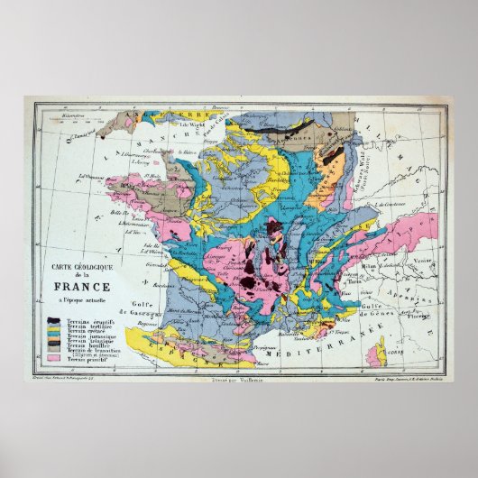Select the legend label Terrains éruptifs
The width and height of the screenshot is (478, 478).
point(89,320)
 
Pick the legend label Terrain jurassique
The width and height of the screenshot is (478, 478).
point(91,337)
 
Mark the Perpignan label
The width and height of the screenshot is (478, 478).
point(267,346)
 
